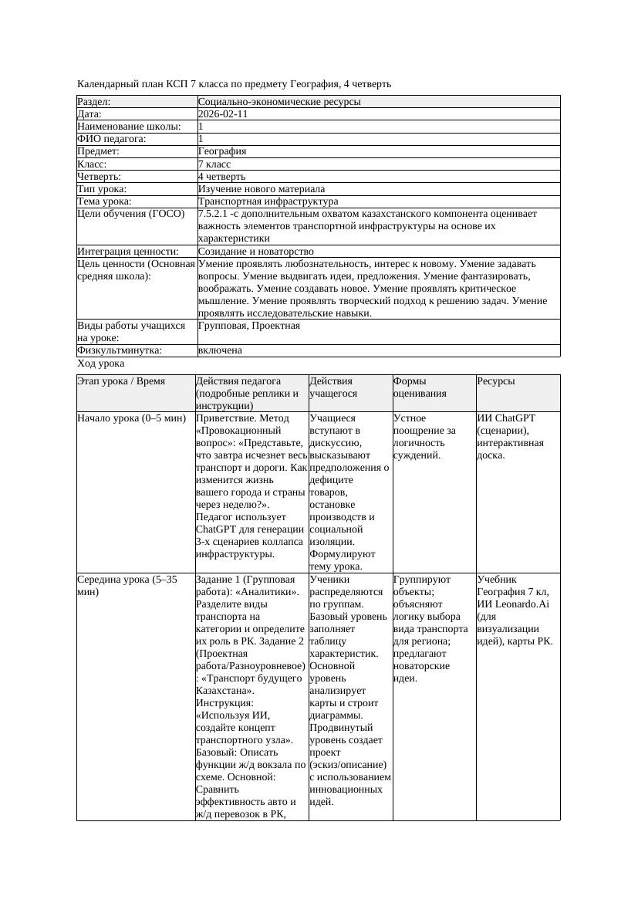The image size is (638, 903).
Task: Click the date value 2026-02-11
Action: [223, 114]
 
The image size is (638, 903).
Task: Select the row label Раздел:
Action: [94, 102]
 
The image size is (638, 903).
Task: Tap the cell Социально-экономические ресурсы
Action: [279, 102]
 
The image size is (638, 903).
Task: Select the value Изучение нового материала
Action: [262, 189]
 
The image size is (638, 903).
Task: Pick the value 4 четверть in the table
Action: [221, 177]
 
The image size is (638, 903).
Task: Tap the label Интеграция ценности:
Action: [128, 252]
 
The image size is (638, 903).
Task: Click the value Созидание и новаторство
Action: [256, 252]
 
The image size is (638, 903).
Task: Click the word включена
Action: [220, 350]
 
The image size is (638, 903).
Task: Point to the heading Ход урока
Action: [101, 364]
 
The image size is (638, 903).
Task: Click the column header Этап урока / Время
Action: [127, 381]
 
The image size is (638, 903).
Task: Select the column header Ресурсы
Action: [496, 381]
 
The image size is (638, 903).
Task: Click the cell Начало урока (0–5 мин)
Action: [132, 418]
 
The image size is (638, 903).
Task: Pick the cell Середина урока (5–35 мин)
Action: [127, 585]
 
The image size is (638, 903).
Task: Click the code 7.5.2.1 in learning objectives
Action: [214, 214]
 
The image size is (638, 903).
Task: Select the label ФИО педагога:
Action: [112, 139]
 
